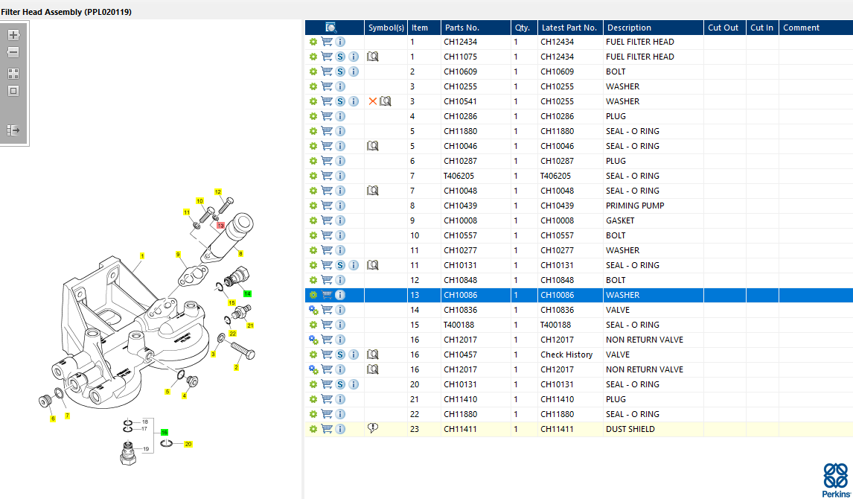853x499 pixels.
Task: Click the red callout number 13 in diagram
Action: [x=220, y=225]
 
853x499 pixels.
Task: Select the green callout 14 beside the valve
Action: [x=248, y=294]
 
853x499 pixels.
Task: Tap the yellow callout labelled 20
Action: [x=188, y=444]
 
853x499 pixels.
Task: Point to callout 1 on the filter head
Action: [x=141, y=256]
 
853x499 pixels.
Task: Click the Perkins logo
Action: [x=834, y=479]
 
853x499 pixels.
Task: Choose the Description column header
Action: [x=628, y=28]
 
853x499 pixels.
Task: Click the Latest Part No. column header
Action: [x=569, y=28]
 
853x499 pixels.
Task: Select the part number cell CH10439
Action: [x=461, y=206]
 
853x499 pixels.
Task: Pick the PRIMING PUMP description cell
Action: [x=635, y=206]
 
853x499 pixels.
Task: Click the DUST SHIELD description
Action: [x=630, y=429]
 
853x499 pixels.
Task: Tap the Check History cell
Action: [x=566, y=355]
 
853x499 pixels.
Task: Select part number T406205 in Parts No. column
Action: [x=459, y=176]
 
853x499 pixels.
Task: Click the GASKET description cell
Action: [x=620, y=220]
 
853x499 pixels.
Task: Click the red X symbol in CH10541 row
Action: [x=373, y=101]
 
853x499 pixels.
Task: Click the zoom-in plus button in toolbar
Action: [x=13, y=35]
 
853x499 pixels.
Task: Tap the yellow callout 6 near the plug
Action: [x=53, y=419]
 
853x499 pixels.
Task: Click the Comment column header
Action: [x=801, y=28]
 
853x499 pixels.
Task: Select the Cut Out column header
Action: [x=723, y=28]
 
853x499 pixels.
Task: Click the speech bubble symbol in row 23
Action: [x=373, y=428]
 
